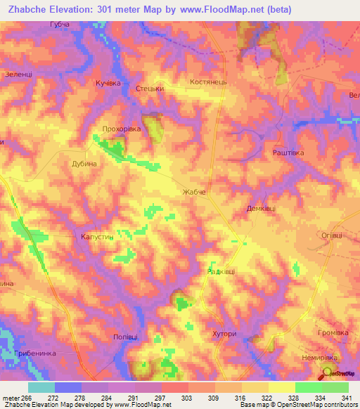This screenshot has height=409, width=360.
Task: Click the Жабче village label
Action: tap(193, 192)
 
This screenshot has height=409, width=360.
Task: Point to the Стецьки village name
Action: tap(150, 89)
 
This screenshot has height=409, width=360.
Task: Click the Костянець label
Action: tap(208, 82)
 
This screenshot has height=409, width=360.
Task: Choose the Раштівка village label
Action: tap(288, 152)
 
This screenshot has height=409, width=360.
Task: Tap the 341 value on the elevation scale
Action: tap(348, 397)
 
